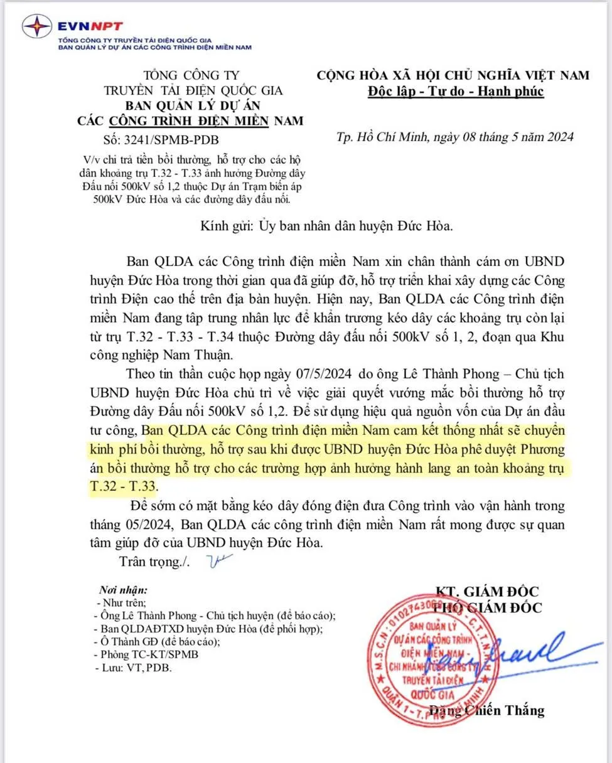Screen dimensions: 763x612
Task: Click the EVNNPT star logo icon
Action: click(x=37, y=27)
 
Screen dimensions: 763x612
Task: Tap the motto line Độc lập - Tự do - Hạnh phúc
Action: click(x=456, y=92)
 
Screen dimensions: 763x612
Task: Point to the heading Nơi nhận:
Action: click(x=124, y=590)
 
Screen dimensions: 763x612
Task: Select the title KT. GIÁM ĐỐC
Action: click(x=487, y=591)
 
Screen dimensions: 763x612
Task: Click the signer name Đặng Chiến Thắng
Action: click(x=486, y=711)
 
